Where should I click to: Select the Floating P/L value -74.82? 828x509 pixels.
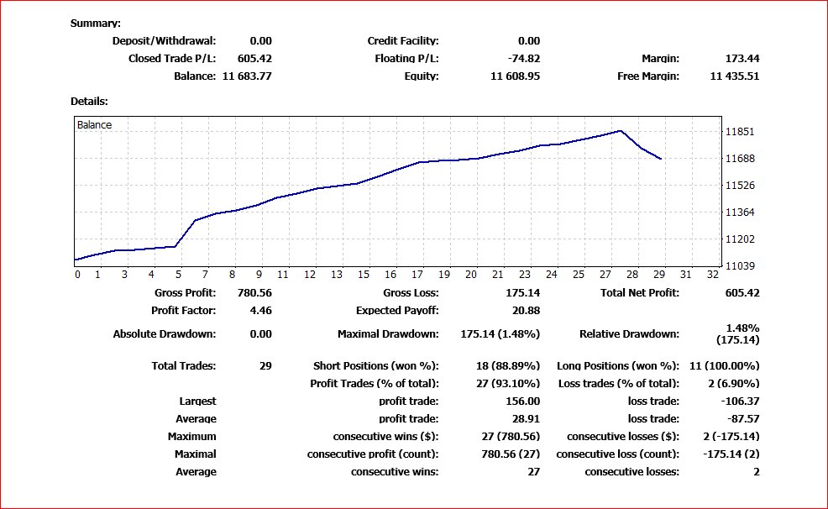pyautogui.click(x=523, y=59)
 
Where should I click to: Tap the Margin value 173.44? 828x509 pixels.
pyautogui.click(x=742, y=59)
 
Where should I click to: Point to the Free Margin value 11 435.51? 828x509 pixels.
pyautogui.click(x=734, y=76)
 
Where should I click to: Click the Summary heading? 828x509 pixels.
pyautogui.click(x=95, y=24)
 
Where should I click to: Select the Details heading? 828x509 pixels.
pyautogui.click(x=89, y=101)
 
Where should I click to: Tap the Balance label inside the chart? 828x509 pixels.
pyautogui.click(x=94, y=125)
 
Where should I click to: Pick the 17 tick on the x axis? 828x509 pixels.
pyautogui.click(x=417, y=275)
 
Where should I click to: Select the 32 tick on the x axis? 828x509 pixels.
pyautogui.click(x=713, y=275)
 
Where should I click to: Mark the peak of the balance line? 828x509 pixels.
pyautogui.click(x=620, y=131)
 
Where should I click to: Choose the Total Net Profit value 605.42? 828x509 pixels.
pyautogui.click(x=742, y=293)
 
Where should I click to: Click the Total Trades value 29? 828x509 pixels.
pyautogui.click(x=265, y=366)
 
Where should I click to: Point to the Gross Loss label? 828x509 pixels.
pyautogui.click(x=411, y=293)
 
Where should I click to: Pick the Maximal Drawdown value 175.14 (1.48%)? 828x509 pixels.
pyautogui.click(x=500, y=334)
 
